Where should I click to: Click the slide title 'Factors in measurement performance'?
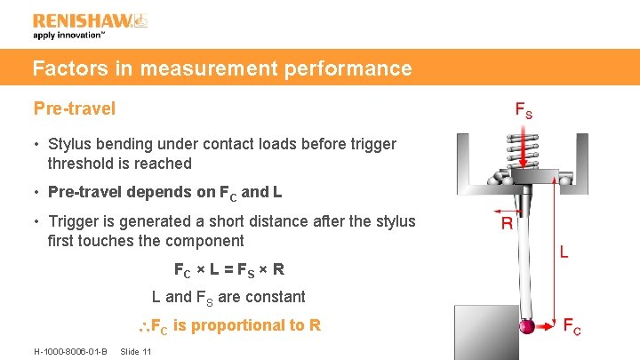[x=222, y=68]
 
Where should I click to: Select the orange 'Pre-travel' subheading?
[x=75, y=108]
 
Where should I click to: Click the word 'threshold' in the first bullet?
[x=83, y=164]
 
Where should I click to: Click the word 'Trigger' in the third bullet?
[x=73, y=221]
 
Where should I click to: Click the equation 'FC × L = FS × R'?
[x=228, y=268]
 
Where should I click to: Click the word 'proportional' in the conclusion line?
[x=236, y=325]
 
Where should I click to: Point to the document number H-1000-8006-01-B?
[x=70, y=351]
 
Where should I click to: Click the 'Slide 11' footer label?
[x=137, y=351]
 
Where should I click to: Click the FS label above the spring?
[x=524, y=111]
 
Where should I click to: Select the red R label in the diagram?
[x=507, y=223]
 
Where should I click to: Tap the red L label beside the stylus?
[x=563, y=252]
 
